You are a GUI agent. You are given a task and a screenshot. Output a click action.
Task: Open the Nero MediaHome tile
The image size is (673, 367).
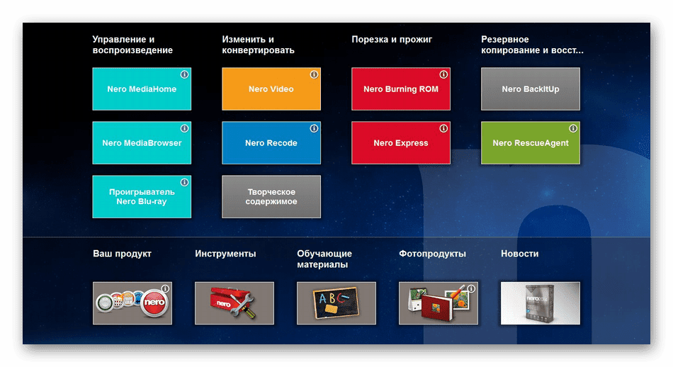click(x=142, y=89)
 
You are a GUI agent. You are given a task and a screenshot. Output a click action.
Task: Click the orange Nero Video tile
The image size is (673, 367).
click(x=271, y=89)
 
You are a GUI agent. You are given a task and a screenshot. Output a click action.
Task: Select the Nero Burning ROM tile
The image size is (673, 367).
click(x=401, y=89)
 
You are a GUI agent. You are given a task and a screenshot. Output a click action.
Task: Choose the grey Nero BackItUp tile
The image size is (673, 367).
click(x=531, y=89)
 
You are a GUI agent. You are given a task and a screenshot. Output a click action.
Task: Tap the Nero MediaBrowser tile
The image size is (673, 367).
click(x=142, y=143)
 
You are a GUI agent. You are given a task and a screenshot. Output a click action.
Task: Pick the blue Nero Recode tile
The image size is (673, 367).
click(x=271, y=143)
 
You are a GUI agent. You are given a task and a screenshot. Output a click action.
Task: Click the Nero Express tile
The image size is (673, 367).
click(x=401, y=143)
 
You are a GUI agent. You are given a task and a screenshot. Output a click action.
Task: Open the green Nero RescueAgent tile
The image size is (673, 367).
click(x=531, y=143)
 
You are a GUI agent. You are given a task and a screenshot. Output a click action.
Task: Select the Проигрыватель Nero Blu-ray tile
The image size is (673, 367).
click(x=142, y=196)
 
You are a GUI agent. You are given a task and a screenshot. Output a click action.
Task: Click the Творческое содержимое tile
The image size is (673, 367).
click(x=271, y=196)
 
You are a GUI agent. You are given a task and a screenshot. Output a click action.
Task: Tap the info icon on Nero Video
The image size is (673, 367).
click(x=314, y=74)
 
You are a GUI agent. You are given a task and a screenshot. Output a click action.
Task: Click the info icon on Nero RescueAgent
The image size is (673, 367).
click(x=573, y=128)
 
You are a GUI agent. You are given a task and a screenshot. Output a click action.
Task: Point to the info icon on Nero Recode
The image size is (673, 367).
click(x=314, y=128)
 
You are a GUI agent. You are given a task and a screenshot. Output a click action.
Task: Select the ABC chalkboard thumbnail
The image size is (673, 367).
click(x=336, y=303)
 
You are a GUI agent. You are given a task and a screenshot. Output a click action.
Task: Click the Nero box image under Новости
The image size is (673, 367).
click(x=541, y=303)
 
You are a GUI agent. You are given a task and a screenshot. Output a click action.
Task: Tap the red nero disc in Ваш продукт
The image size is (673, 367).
click(x=154, y=303)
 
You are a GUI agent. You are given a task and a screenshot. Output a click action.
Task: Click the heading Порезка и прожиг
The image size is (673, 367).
click(x=392, y=40)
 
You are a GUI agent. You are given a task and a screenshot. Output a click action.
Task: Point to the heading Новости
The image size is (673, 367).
click(x=520, y=254)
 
